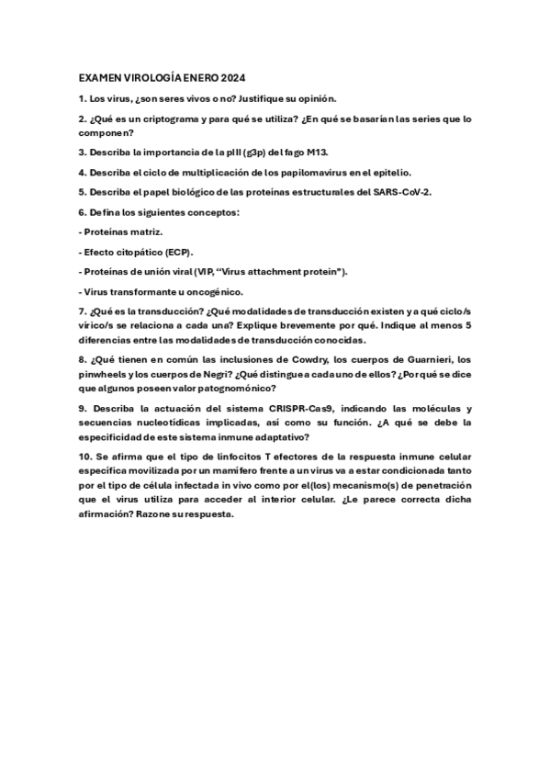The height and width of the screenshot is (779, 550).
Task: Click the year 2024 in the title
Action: pos(232,78)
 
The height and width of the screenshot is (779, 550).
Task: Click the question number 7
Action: pos(82,312)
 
